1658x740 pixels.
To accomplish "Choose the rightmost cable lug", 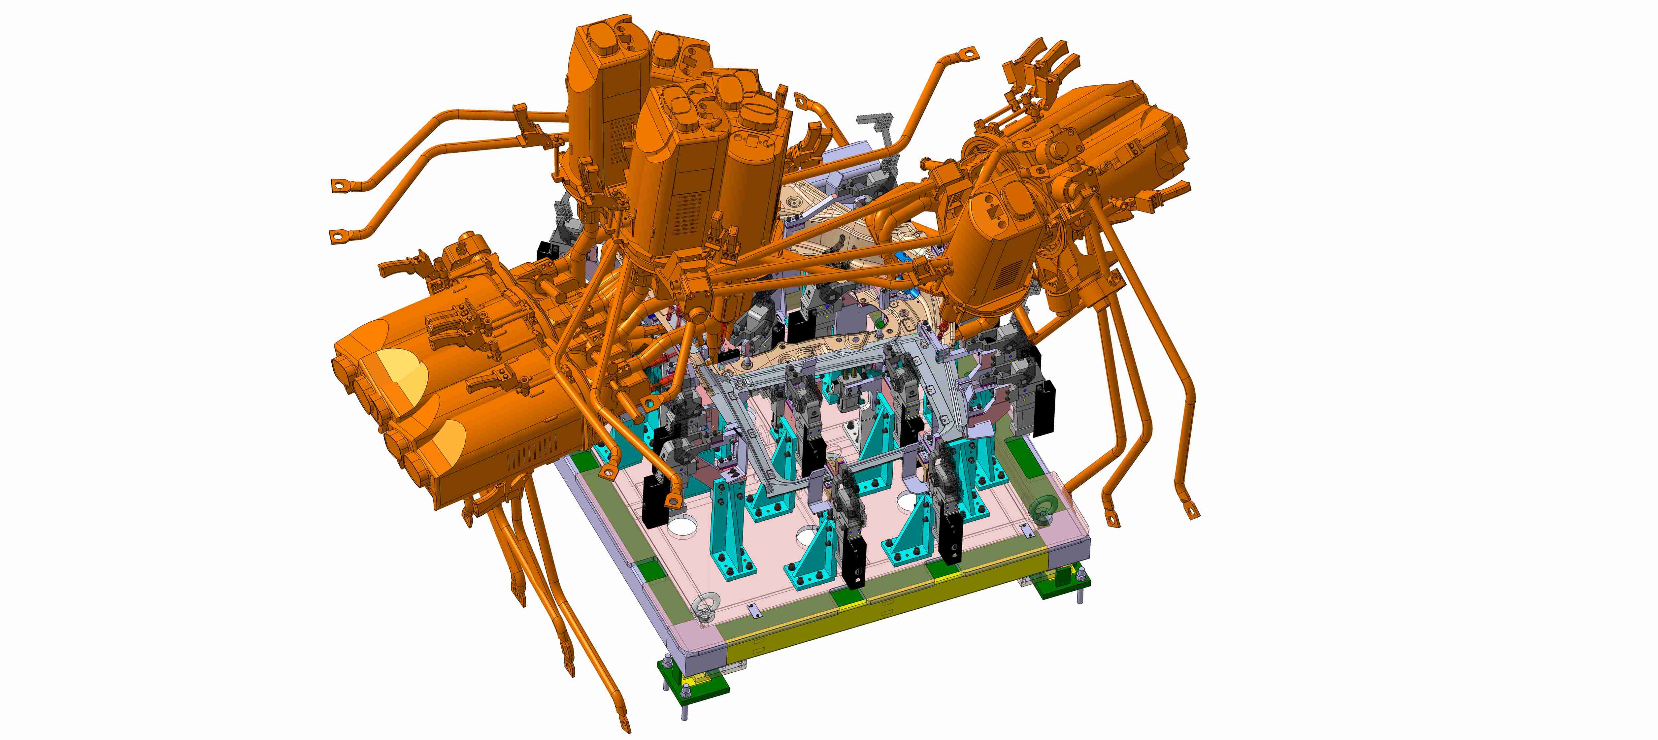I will (1193, 513).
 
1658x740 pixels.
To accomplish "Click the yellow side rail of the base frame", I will (901, 615).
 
